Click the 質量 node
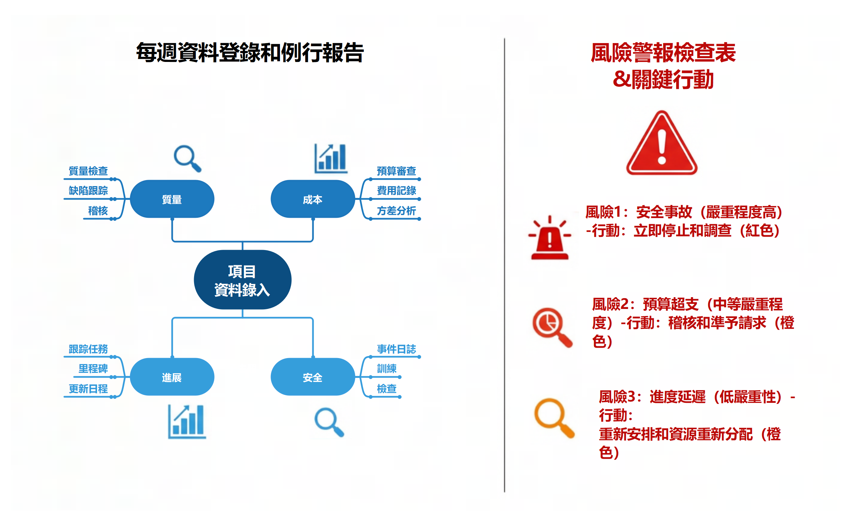coord(172,199)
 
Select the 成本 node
coord(312,199)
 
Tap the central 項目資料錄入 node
coord(242,280)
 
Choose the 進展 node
coord(172,377)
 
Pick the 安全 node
coord(312,377)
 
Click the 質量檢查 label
coord(88,171)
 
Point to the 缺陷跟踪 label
coord(88,190)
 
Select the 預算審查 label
coord(396,171)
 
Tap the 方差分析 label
coord(396,210)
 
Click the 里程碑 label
coord(93,369)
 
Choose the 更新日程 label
coord(88,389)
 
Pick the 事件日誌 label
coord(396,349)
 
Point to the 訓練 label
coord(386,369)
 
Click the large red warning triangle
coord(661,144)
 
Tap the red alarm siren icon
coord(549,239)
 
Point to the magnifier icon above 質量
coord(187,158)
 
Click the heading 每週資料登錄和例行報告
coord(250,53)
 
